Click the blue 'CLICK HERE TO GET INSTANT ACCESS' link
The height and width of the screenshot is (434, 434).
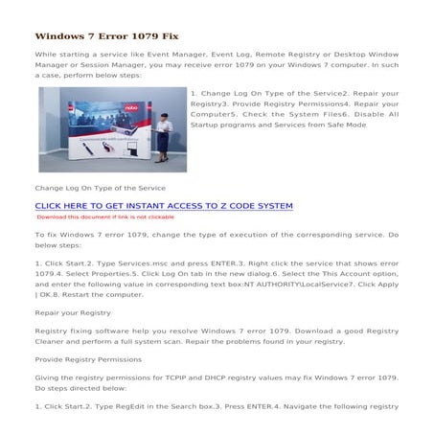point(163,206)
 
